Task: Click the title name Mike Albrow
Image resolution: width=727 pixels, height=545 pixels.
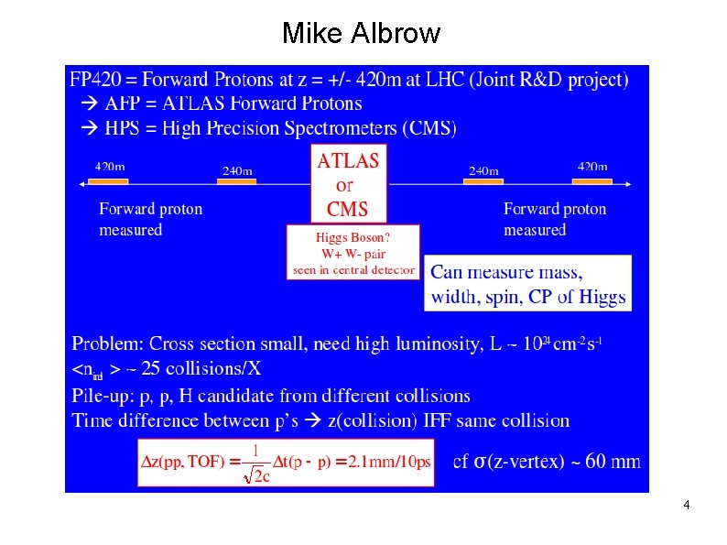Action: pos(362,34)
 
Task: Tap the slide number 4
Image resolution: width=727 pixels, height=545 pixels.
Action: pos(686,506)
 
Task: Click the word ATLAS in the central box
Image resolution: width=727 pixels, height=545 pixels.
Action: pos(348,161)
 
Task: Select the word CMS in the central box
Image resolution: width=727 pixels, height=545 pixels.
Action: pos(348,209)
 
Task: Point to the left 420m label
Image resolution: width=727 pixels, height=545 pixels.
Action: pos(111,167)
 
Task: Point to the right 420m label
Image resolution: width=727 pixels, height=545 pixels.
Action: pos(592,167)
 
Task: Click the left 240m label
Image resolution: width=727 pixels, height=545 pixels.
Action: pos(238,170)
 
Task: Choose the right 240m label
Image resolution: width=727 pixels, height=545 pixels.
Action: pos(483,170)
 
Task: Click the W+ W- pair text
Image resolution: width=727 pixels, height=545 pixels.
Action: pos(353,254)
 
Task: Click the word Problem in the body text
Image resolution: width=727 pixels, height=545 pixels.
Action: pos(107,344)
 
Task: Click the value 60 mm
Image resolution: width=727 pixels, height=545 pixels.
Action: pos(613,462)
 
